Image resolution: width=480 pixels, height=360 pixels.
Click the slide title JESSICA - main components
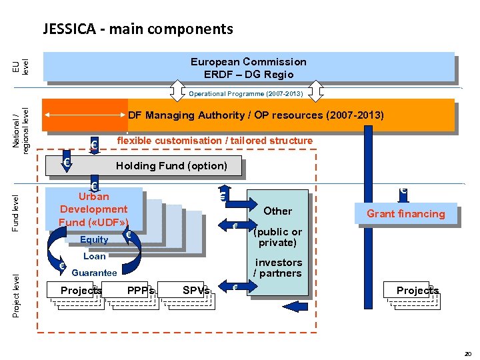138,29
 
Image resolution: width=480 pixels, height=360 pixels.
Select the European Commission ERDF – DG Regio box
249,67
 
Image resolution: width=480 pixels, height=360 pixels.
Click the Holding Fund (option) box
171,165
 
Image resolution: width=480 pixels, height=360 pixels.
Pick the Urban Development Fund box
93,209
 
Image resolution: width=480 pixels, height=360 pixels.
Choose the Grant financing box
405,213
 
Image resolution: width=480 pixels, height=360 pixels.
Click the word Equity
94,240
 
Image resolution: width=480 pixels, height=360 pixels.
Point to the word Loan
95,256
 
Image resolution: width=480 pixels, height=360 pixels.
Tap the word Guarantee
94,273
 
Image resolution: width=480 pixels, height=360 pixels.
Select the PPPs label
141,291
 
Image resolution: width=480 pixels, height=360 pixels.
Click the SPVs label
196,291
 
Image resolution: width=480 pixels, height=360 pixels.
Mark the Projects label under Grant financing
417,290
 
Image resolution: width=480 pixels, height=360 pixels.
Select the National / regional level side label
21,131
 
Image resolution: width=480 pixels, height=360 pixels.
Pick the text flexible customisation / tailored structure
214,141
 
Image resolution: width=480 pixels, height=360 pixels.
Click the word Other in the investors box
277,211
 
